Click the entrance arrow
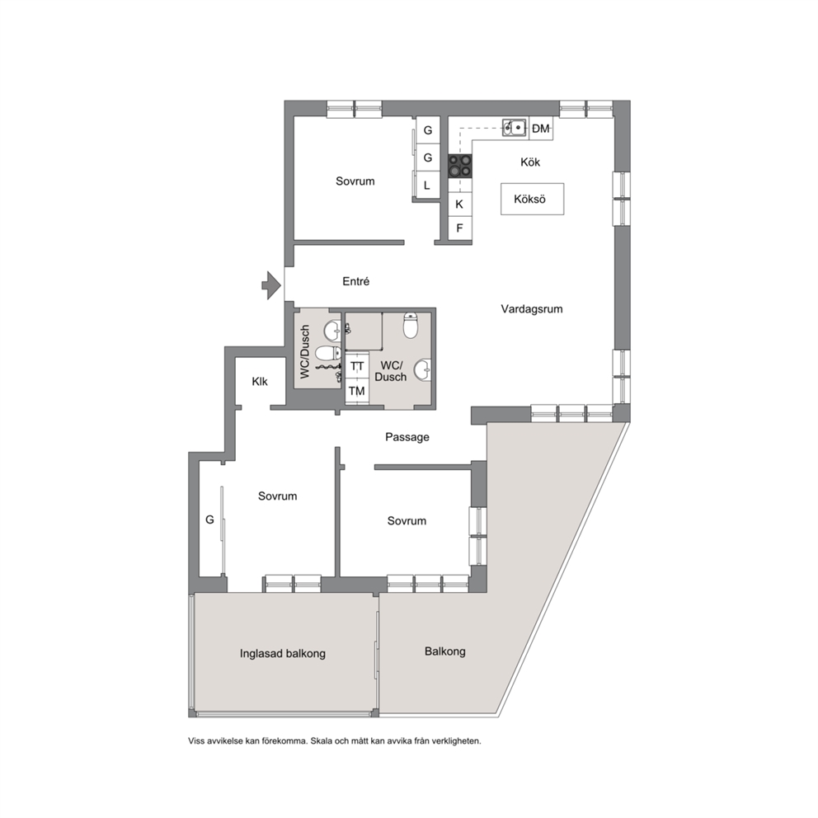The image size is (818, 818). point(272,285)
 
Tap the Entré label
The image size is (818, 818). point(355,282)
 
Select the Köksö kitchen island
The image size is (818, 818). point(532,199)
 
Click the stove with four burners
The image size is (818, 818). point(460,166)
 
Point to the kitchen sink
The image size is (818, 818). point(515,127)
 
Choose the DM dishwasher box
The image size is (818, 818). point(541,129)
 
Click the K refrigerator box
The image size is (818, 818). point(459,204)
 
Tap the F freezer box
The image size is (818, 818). point(459,228)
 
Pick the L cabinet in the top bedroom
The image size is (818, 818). point(427,186)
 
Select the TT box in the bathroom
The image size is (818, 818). point(357,366)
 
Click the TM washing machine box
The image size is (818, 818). point(357,391)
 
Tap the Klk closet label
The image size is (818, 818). point(260,381)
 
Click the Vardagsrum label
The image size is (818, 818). point(532,309)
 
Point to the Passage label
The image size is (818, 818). point(407,437)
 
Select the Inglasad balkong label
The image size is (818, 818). point(283,654)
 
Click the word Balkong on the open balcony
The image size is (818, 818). point(445,651)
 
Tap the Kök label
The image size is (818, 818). point(530,162)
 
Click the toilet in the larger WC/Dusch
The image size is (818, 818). point(411,325)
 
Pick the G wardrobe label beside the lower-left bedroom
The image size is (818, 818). point(209,519)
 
